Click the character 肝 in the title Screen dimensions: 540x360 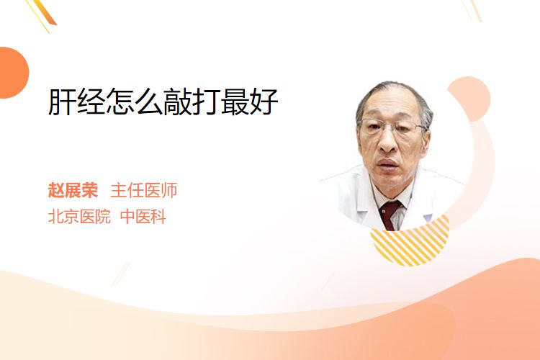[62, 102]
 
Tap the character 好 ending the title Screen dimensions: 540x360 [264, 102]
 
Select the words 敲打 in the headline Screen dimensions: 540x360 [192, 102]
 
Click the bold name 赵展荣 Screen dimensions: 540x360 [73, 190]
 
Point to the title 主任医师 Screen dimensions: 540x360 [144, 190]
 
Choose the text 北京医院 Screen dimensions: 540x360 [79, 217]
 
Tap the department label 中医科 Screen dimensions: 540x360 [143, 217]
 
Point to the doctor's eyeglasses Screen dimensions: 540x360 [392, 126]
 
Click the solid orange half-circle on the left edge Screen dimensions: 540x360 [14, 73]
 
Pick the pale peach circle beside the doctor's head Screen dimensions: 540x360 [470, 98]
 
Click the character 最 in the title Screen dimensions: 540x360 [235, 102]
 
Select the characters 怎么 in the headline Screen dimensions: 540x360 [135, 102]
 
